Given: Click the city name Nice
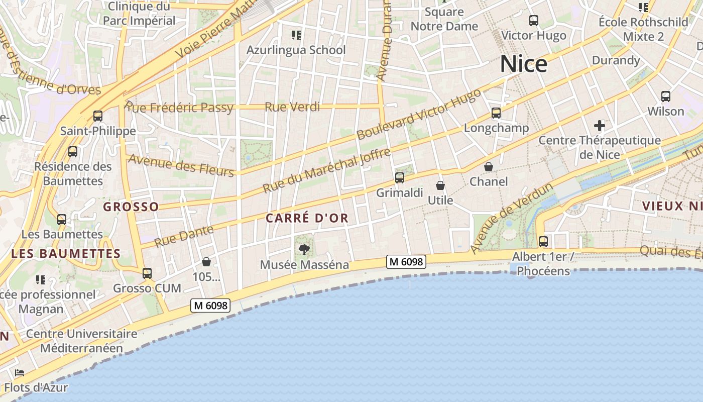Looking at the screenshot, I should [x=523, y=64].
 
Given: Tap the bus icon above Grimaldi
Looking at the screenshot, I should [x=400, y=177].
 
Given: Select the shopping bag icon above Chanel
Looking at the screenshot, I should [x=488, y=166].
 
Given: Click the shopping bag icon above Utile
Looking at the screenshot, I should [x=440, y=185].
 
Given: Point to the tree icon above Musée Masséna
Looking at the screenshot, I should [x=304, y=249].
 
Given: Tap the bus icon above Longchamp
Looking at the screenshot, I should [x=496, y=113].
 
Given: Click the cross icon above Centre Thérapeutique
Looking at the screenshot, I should [x=599, y=125].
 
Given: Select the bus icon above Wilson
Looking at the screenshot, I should [x=666, y=96].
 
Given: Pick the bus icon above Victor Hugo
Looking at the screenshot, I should [x=534, y=21].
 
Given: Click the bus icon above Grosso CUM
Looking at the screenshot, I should [x=147, y=273].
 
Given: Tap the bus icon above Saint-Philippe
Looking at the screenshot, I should [x=98, y=116].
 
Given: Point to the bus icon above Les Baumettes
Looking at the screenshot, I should [x=62, y=219].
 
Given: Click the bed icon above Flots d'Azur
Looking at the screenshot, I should [x=20, y=373].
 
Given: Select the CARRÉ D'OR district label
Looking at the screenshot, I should [x=306, y=218].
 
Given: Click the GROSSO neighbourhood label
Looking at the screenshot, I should [x=131, y=207].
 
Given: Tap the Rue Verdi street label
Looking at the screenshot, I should [x=292, y=107].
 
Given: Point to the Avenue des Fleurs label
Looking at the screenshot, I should [x=181, y=165].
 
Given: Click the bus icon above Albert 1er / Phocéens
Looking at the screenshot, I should [x=543, y=242].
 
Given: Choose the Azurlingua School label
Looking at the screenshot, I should [x=296, y=50].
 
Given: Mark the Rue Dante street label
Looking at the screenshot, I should [x=183, y=236].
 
